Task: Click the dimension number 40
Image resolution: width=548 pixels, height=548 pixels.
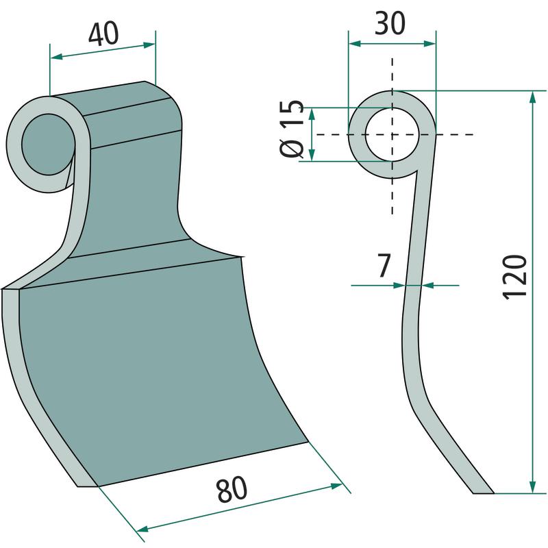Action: [103, 35]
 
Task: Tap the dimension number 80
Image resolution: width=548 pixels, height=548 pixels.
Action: [232, 488]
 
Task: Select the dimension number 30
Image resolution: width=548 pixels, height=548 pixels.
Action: [390, 24]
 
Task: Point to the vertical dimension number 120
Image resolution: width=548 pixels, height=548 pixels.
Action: [514, 277]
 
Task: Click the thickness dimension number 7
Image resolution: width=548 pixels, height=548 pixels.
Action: [384, 266]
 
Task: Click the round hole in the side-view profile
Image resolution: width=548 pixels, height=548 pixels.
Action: [392, 134]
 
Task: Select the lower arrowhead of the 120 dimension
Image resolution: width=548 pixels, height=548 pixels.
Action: [533, 487]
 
